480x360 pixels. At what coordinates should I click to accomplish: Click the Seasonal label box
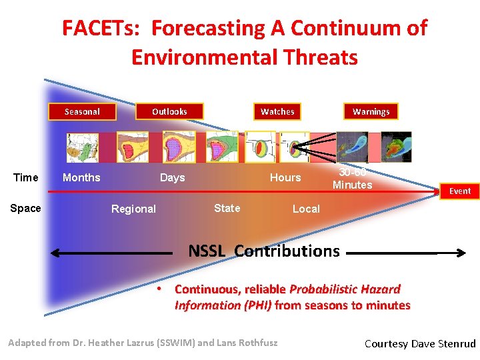82,111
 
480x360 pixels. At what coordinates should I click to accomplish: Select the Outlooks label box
169,111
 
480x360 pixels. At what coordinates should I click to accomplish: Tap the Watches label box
277,111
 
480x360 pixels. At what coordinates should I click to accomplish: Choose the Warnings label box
371,111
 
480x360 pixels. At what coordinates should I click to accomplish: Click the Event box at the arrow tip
459,191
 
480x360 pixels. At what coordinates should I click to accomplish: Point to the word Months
81,177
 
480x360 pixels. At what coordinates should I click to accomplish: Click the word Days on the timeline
172,177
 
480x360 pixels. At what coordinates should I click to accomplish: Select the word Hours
285,177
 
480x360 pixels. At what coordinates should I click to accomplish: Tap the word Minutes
352,185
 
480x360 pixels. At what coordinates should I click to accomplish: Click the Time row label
26,177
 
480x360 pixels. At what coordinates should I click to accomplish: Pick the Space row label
26,209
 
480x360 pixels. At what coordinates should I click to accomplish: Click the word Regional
133,209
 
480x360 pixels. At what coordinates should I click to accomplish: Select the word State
227,208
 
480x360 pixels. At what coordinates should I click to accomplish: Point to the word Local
306,209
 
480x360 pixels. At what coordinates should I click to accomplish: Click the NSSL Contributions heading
263,251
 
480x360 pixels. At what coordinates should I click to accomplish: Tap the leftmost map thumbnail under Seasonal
82,147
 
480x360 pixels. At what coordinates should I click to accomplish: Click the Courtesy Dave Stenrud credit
420,344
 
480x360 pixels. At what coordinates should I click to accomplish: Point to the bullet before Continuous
160,289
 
